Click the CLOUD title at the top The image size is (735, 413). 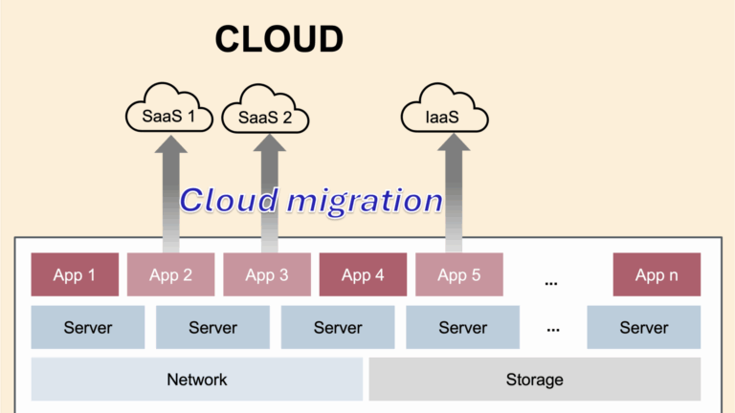(x=278, y=39)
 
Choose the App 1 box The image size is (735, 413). (x=75, y=275)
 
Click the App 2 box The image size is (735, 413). (x=170, y=275)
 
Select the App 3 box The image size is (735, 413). (x=267, y=275)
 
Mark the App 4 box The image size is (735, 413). (x=363, y=275)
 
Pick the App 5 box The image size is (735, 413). (x=458, y=275)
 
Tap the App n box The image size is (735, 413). (x=657, y=275)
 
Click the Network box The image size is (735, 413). (x=197, y=380)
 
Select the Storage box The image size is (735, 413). (x=534, y=380)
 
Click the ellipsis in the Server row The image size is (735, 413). (x=553, y=328)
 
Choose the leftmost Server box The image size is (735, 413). (x=88, y=328)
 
